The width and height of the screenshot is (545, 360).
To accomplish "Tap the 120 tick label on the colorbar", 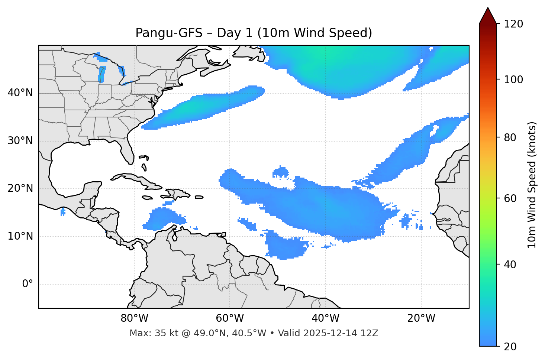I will coord(513,24).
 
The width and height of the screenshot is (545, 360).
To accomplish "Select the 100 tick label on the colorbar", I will coord(513,80).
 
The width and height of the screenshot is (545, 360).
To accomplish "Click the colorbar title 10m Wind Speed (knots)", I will coord(532,185).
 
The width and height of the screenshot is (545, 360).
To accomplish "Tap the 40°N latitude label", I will coord(20,93).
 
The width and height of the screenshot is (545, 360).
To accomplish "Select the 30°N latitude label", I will coord(20,141).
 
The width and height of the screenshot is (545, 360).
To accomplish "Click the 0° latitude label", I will coord(28,284).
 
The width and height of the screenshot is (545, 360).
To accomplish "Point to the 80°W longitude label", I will coord(134,318).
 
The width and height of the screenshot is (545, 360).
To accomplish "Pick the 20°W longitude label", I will coord(421,318).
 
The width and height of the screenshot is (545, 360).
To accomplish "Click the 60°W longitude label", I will coord(230,318).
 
